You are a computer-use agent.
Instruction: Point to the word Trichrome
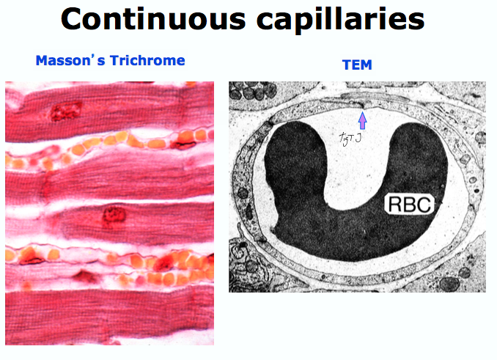tap(147, 60)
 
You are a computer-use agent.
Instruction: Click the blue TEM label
tap(357, 65)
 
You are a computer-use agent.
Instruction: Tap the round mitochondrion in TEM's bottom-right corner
tap(449, 282)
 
